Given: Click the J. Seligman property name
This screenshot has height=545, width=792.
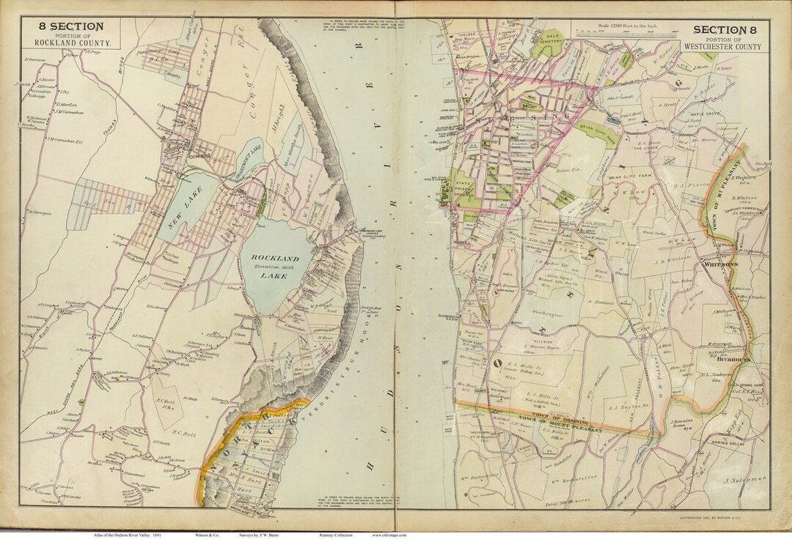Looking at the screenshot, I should (744, 481).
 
